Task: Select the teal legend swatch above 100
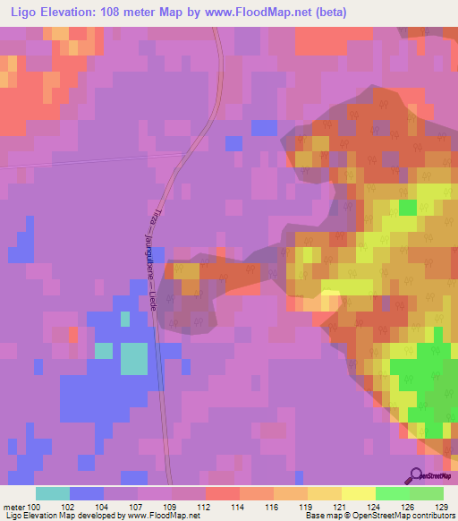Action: [53, 493]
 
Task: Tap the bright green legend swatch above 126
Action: [393, 493]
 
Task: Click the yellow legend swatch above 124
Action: [359, 493]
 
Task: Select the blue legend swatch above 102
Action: [87, 493]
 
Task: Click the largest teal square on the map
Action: [135, 358]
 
